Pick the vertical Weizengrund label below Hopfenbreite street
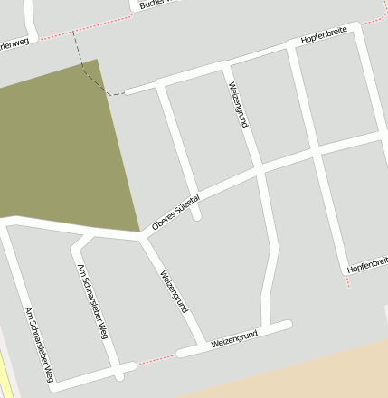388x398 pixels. (237, 105)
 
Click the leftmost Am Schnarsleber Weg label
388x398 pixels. (41, 344)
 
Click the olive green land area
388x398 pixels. (63, 145)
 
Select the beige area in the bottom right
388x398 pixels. (298, 375)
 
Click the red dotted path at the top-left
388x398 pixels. (68, 33)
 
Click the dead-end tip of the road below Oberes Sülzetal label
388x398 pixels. (197, 216)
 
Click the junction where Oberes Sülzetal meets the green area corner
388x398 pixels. (140, 234)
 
